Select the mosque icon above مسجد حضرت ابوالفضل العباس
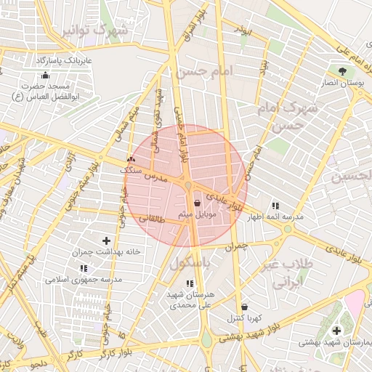45,75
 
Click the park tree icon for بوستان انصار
342,70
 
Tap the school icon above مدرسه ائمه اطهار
275,206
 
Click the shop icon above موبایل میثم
198,204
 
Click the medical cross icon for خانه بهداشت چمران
107,240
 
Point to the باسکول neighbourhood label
189,264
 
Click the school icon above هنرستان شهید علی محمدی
190,283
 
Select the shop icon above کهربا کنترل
243,307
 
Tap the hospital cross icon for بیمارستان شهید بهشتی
336,331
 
